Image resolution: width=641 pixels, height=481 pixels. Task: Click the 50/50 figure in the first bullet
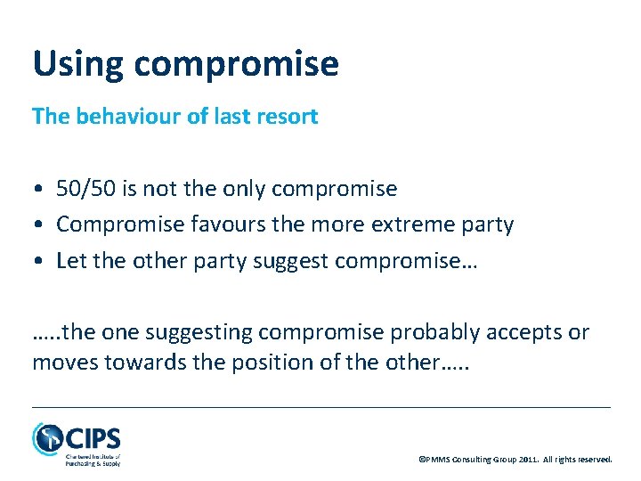pos(82,189)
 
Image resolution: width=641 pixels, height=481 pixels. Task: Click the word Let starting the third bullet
pos(69,260)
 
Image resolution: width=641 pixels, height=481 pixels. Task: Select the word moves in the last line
pos(61,363)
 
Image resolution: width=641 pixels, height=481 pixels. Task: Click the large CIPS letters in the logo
pos(93,438)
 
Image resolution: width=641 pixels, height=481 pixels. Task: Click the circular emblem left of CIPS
pos(46,438)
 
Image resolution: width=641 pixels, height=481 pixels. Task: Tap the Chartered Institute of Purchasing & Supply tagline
pos(93,460)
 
